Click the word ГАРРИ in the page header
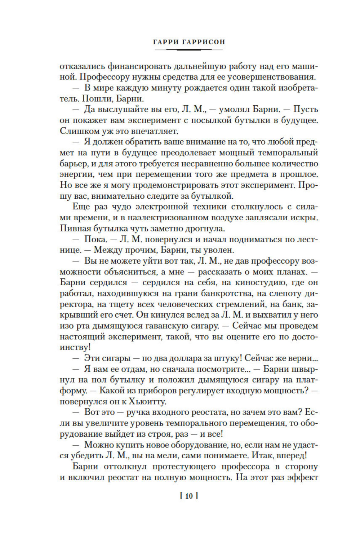pyautogui.click(x=166, y=42)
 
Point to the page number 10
pyautogui.click(x=189, y=496)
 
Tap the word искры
pyautogui.click(x=306, y=218)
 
